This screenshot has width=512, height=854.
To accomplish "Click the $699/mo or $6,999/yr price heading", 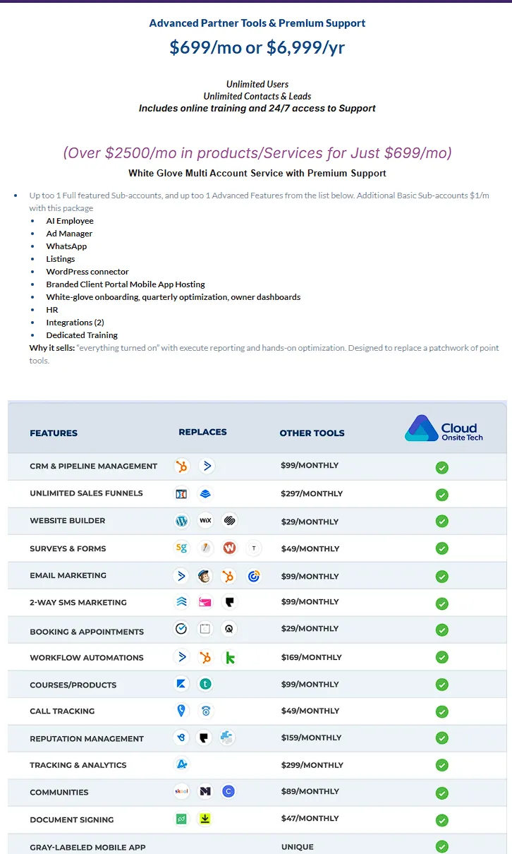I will pos(257,47).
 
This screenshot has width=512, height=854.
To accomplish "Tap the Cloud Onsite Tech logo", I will pos(444,428).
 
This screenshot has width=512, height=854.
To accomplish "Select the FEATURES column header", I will pos(54,433).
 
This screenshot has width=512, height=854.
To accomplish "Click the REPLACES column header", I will pos(202,432).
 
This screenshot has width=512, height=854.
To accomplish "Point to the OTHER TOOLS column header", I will pos(312,433).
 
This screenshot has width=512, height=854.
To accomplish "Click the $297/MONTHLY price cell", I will pos(311,494).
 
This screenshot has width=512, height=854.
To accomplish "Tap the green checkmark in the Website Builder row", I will pos(442,522).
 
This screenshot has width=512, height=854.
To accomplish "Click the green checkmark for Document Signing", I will pos(442,820).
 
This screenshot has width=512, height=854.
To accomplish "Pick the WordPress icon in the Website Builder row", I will pos(182,521).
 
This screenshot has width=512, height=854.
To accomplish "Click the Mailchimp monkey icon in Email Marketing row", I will pos(205,576).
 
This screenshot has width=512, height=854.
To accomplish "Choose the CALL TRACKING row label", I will pos(62,711).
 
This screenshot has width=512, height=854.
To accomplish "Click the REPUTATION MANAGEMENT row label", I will pos(87,739).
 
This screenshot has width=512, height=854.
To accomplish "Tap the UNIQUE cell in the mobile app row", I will pos(297,847).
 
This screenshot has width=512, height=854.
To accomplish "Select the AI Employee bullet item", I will pos(70,221).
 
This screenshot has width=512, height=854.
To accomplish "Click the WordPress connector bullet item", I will pos(87,272).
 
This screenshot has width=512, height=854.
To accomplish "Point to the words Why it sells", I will pos(48,348).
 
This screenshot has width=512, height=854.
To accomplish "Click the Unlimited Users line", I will pos(257,85).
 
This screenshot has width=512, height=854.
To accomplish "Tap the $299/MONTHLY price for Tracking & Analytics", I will pos(312,765).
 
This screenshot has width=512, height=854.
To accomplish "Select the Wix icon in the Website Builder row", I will pos(205,521).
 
